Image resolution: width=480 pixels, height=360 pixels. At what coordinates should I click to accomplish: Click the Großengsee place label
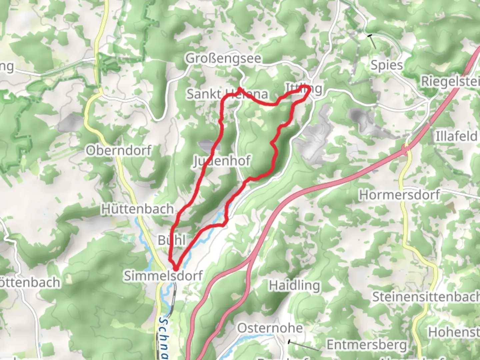(223, 59)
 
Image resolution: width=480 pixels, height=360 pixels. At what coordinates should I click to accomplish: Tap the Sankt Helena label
(227, 94)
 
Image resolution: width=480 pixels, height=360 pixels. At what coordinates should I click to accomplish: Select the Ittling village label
(304, 89)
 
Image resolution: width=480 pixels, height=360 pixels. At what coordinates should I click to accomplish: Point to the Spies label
(387, 65)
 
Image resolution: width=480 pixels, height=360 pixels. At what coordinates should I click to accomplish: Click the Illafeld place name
(456, 136)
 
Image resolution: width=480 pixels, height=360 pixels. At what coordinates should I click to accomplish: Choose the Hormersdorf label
(399, 195)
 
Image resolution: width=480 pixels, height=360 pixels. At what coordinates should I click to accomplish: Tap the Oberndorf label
(119, 151)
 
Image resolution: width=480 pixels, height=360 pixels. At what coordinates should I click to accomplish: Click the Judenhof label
(222, 161)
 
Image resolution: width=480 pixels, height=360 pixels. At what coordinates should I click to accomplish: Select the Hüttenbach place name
(137, 209)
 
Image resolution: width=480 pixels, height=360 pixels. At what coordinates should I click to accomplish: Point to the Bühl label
(171, 240)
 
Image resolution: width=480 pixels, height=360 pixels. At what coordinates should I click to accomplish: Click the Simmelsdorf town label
(163, 276)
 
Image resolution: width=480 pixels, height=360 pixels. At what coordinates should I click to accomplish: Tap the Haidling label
(294, 286)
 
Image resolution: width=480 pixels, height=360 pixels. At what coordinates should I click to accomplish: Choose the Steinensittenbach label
(426, 297)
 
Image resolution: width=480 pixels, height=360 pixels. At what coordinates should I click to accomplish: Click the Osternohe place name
(270, 328)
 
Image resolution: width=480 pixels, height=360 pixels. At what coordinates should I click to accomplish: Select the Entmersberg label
(367, 345)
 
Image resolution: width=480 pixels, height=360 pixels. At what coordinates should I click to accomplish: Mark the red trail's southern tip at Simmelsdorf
(175, 268)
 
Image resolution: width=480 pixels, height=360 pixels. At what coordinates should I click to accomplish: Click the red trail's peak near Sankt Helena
(239, 89)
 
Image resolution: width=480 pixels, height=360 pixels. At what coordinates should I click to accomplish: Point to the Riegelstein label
(450, 81)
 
